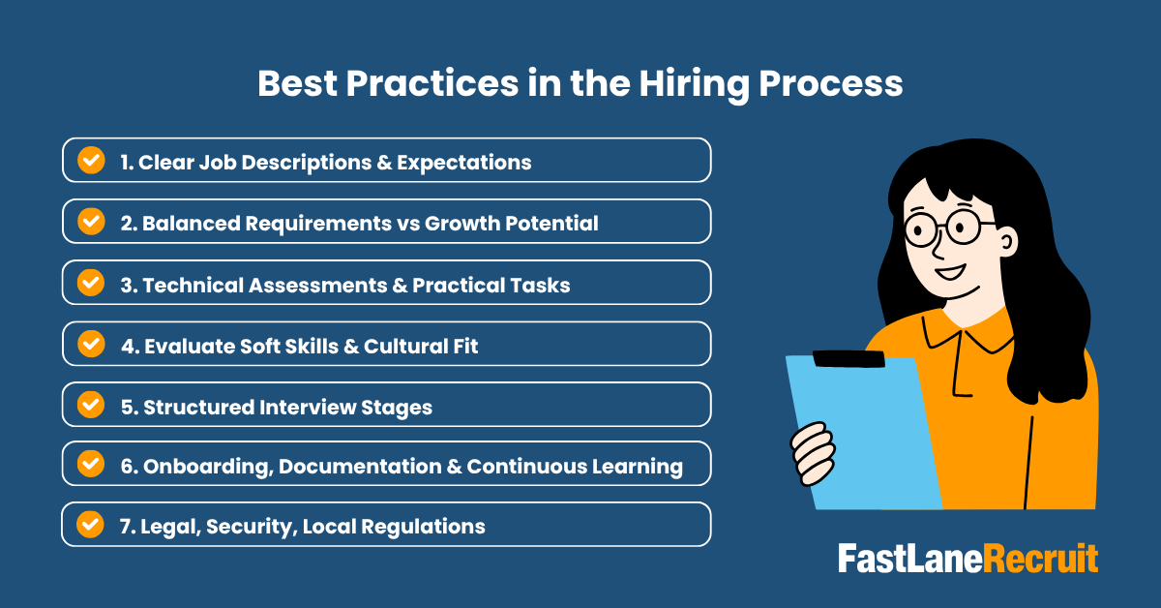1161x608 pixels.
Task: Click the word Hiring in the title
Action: pos(694,85)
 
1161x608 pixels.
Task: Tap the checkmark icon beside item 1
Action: pos(91,160)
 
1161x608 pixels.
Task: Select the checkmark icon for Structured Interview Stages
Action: pos(91,405)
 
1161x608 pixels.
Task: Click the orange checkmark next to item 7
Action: pos(90,525)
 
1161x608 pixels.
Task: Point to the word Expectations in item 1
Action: pos(463,163)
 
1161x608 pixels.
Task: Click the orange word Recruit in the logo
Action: pos(1040,559)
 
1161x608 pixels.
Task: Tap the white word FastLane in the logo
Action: pos(910,559)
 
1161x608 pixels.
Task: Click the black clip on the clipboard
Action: pos(848,359)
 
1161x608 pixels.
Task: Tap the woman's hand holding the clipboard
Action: pos(814,453)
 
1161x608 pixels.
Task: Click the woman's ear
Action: pos(1007,242)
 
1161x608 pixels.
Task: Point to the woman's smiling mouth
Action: pos(951,271)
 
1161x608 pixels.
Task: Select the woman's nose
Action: pos(938,248)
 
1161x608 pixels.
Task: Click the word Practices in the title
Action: pos(432,83)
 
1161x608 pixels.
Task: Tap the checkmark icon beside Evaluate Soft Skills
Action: pos(91,344)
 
